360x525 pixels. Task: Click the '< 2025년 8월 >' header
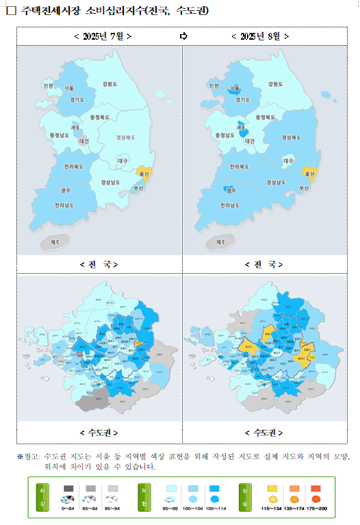(260, 36)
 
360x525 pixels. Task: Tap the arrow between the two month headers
(183, 36)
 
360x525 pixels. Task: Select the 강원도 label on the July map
(110, 84)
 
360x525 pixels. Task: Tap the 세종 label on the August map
(241, 127)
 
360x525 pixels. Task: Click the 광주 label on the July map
(66, 190)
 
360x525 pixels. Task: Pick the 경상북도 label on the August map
(291, 138)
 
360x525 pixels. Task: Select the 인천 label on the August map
(213, 86)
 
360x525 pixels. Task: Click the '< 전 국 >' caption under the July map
(99, 264)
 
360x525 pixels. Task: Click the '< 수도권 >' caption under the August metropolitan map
(263, 433)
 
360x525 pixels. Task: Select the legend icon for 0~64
(68, 494)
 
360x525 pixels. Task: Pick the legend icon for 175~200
(317, 494)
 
